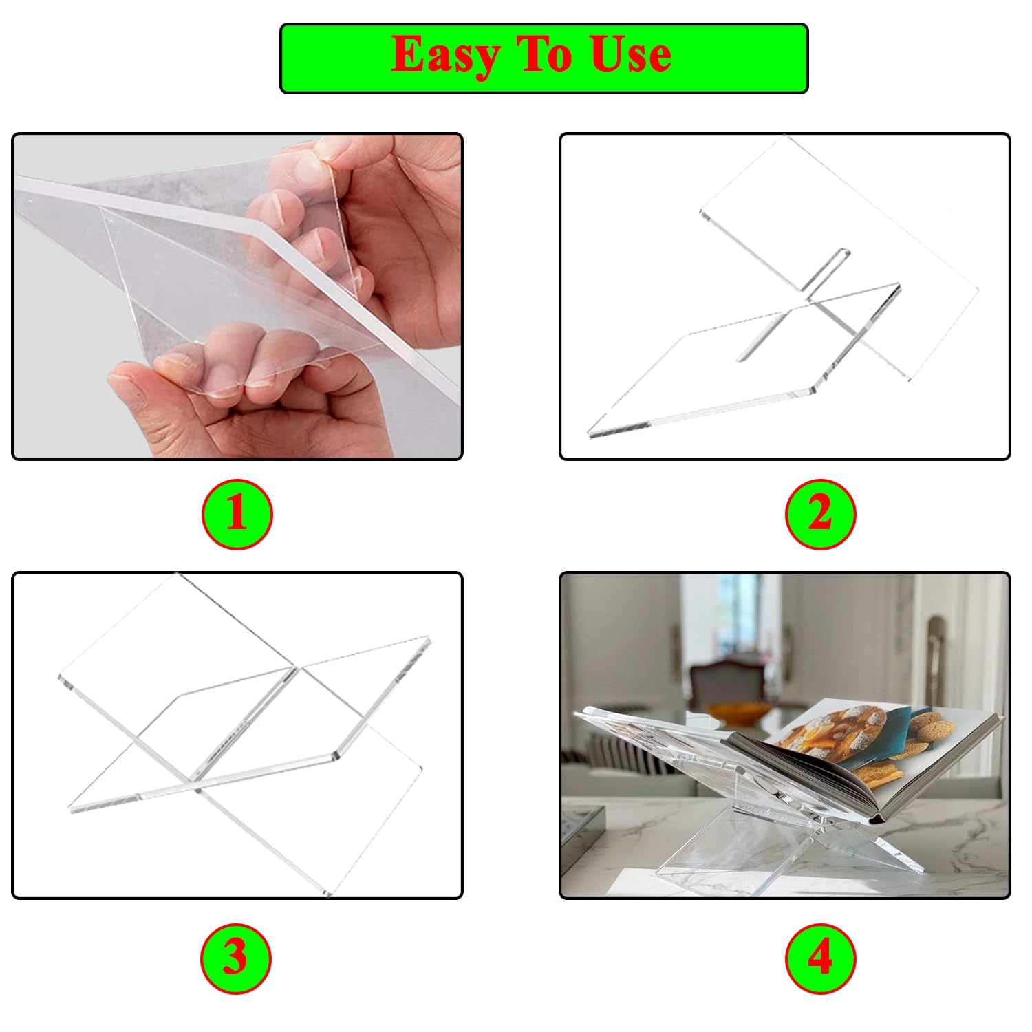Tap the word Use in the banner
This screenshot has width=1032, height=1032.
[630, 55]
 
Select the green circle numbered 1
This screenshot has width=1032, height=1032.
[237, 514]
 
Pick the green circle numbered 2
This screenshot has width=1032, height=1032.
[820, 514]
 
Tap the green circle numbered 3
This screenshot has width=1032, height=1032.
[235, 958]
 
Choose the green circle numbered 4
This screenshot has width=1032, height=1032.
[820, 958]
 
